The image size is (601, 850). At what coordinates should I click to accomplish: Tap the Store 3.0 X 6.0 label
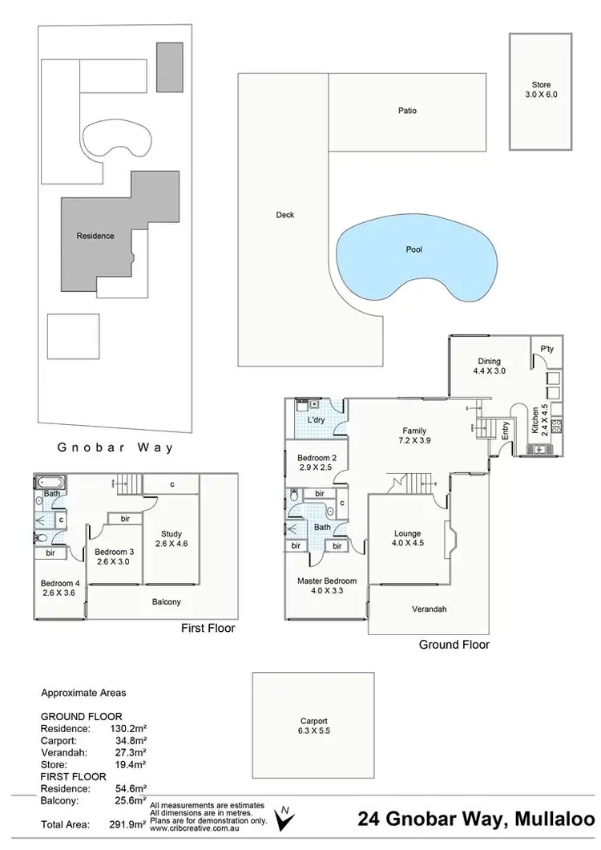click(x=541, y=89)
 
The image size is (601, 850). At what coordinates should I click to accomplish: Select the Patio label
click(x=407, y=111)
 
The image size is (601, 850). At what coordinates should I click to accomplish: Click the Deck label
click(x=284, y=215)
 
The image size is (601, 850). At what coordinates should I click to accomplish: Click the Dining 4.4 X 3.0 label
click(x=489, y=366)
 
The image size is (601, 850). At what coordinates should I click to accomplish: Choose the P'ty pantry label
click(x=547, y=349)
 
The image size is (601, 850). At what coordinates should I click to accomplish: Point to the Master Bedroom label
click(x=326, y=586)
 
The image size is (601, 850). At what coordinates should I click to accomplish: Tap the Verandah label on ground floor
click(x=429, y=609)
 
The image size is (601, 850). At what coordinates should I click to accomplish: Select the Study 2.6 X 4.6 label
click(x=170, y=539)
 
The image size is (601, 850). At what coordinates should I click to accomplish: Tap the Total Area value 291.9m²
click(x=128, y=824)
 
